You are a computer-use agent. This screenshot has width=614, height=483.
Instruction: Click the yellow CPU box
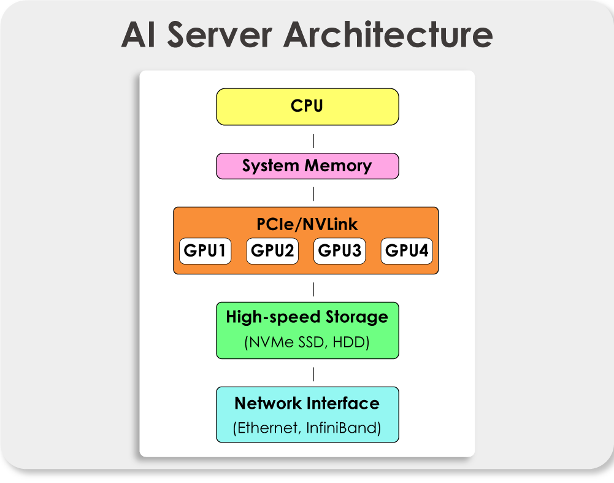coord(307,107)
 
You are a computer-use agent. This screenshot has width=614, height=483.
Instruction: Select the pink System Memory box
coord(307,166)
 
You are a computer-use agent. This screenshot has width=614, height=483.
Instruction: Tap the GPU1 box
coord(205,250)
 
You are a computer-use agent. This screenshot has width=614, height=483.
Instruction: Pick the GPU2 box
coord(272,250)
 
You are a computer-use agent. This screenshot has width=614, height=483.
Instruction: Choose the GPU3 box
coord(339,250)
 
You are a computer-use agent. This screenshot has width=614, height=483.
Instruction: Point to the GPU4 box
coord(407,250)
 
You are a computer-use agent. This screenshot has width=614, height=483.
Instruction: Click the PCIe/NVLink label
coord(307,224)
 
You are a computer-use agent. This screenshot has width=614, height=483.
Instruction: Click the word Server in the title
coord(220,35)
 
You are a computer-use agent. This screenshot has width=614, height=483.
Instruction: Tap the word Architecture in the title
coord(388,34)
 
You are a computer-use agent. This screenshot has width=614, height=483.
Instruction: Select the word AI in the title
coord(138,35)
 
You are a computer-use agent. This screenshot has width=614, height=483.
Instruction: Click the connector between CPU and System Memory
coord(313,141)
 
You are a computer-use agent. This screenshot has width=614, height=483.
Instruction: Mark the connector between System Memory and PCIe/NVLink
coord(313,194)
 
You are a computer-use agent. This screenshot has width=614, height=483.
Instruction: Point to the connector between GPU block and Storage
coord(313,290)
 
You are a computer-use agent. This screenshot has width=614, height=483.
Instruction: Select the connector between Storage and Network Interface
coord(313,374)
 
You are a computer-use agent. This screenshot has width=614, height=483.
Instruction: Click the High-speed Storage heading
coord(307,317)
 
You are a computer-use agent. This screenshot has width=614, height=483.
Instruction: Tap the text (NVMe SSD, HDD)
coord(307,342)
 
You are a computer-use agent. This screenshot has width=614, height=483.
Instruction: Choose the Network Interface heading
coord(307,403)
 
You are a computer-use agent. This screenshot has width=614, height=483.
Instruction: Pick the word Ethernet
coord(267,428)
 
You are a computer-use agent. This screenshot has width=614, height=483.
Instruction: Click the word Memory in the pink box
coord(339,166)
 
